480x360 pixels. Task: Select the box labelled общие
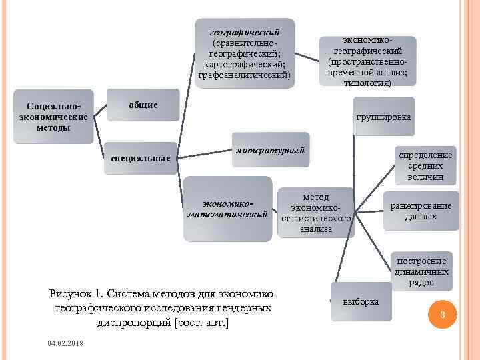coord(143,105)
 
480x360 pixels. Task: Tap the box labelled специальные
coord(141,158)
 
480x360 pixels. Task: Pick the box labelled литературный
coord(271,151)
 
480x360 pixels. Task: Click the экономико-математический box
coord(228,209)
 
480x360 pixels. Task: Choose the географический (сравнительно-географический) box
coord(245,53)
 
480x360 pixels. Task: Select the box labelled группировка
coord(383,116)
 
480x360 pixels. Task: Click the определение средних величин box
coord(425,166)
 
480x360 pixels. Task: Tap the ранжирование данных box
coord(421,211)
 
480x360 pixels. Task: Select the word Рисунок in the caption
coord(71,294)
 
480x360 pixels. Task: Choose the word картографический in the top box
coord(245,64)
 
